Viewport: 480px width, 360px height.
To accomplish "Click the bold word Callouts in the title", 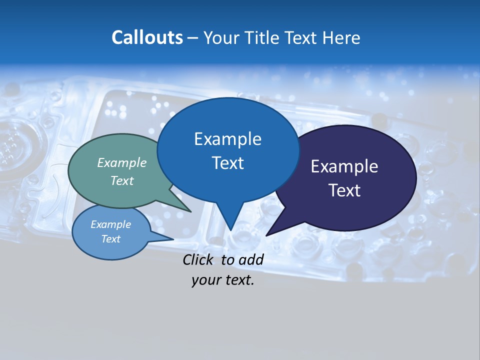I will [x=147, y=37].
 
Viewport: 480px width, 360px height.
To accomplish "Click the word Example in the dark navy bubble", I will [x=344, y=166].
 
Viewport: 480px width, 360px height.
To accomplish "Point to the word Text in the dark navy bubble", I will [x=344, y=190].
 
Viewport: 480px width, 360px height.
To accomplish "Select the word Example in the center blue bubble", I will [x=227, y=139].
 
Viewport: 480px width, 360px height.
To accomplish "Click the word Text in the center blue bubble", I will [x=227, y=163].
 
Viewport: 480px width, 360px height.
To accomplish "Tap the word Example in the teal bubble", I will [x=122, y=162].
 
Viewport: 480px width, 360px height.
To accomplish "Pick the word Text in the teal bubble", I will [x=122, y=180].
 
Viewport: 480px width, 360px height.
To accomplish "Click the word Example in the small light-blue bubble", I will [x=110, y=224].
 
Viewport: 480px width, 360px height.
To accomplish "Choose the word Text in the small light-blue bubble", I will [x=110, y=239].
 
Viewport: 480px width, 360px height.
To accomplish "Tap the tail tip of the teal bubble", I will [x=190, y=211].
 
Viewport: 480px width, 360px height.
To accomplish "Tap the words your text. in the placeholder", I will [x=222, y=280].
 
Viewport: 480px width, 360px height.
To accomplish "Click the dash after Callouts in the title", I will [x=193, y=38].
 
